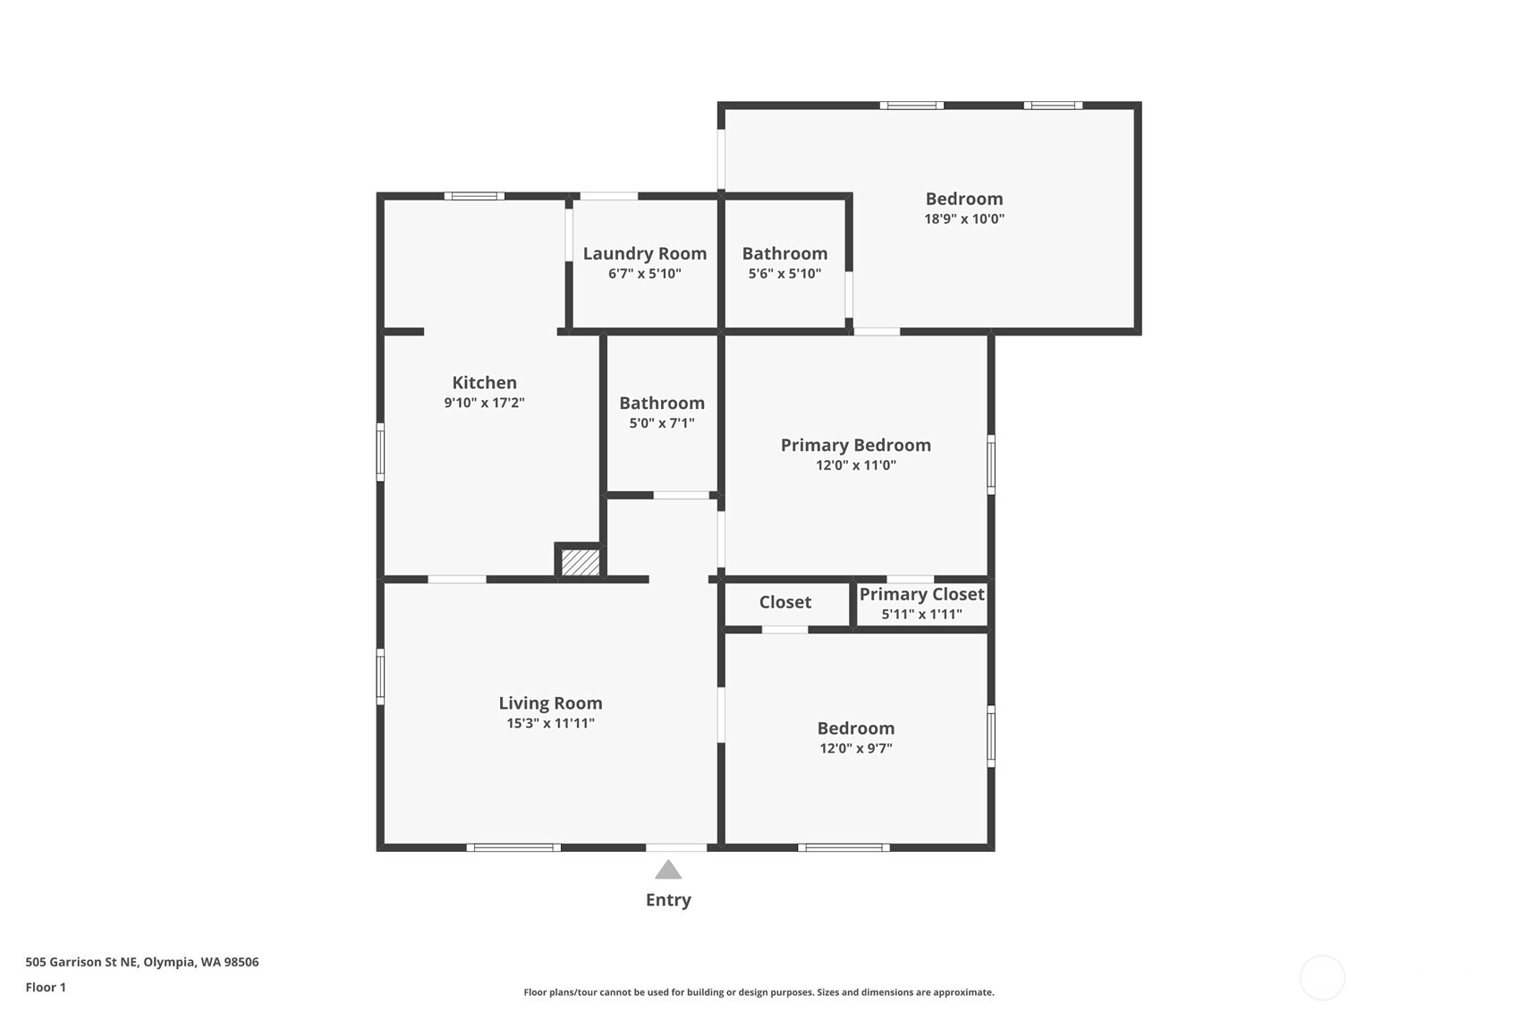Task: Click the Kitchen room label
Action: click(x=484, y=383)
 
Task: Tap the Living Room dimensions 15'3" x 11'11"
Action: click(x=550, y=723)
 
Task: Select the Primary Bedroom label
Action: click(x=855, y=445)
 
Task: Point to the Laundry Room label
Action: click(x=644, y=253)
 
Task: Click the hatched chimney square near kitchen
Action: click(x=581, y=562)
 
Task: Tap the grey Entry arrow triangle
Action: click(x=668, y=870)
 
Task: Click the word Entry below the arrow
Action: click(x=668, y=900)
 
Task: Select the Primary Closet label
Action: click(x=921, y=594)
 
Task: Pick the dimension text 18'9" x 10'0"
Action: click(x=963, y=219)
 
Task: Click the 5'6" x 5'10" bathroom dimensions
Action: click(x=784, y=274)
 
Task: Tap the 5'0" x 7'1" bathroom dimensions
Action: click(x=662, y=423)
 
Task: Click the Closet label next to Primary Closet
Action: click(x=784, y=602)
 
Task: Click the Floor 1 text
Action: click(x=46, y=987)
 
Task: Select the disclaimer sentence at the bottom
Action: click(x=759, y=992)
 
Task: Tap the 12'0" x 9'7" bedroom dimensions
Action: click(x=855, y=748)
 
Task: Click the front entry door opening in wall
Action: click(x=675, y=847)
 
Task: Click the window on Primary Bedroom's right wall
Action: click(x=990, y=463)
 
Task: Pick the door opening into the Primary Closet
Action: click(x=910, y=579)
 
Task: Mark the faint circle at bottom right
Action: click(x=1321, y=977)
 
